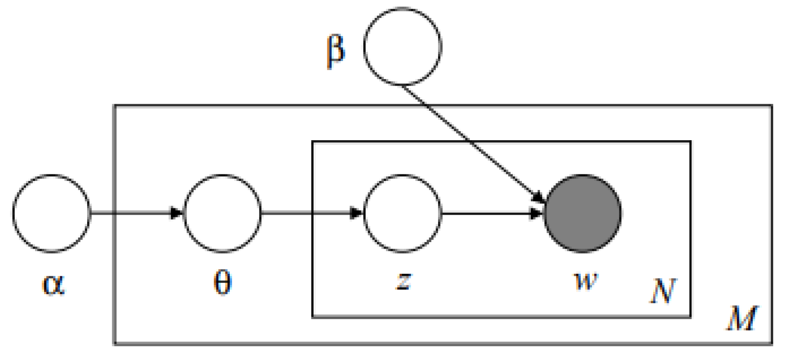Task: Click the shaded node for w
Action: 583,213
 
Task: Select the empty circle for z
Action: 402,213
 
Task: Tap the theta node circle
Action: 222,213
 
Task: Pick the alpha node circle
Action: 51,213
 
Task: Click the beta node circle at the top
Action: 403,46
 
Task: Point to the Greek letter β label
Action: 336,51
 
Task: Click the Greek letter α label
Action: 53,284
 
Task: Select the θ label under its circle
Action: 222,283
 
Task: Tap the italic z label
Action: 403,280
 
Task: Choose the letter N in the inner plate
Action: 662,291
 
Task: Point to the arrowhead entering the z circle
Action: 356,213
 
